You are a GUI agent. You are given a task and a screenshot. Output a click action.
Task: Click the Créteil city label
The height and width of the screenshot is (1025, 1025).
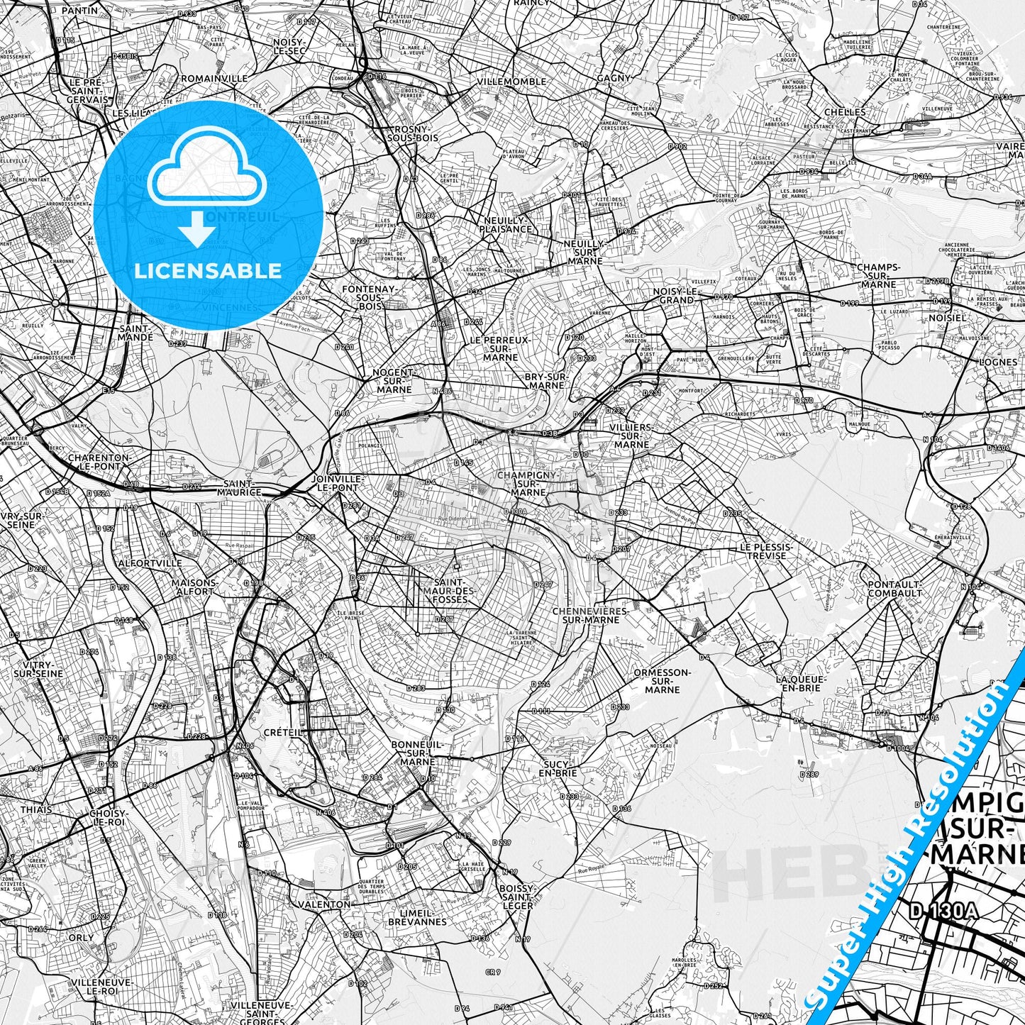(x=283, y=731)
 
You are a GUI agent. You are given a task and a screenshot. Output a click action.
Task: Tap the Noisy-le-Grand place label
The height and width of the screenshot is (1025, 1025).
(x=677, y=296)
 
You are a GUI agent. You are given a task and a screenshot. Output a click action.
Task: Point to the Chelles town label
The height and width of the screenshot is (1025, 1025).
(x=845, y=112)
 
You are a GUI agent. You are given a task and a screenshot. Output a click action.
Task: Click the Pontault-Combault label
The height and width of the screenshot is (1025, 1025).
(x=894, y=588)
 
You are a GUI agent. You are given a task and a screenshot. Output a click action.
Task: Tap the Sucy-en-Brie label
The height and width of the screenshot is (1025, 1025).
(x=558, y=768)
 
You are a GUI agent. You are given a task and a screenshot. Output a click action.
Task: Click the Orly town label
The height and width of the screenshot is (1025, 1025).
(x=81, y=937)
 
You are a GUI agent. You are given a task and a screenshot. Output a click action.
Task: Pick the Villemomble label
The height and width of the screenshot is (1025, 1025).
(x=511, y=82)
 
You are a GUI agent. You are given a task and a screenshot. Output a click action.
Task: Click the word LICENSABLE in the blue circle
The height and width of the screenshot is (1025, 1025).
(x=209, y=271)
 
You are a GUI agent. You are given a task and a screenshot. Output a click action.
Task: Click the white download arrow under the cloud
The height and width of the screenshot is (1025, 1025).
(x=198, y=231)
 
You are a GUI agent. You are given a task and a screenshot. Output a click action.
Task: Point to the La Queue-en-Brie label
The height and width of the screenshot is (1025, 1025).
(x=802, y=683)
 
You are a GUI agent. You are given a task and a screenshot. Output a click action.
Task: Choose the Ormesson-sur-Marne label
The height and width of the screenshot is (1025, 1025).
(x=663, y=680)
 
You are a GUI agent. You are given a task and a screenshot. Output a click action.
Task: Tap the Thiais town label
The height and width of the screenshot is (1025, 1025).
(x=35, y=809)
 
